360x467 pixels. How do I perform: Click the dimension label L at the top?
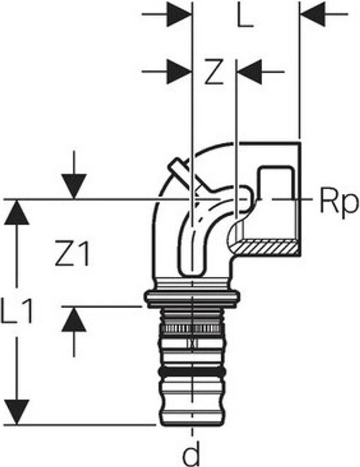245,16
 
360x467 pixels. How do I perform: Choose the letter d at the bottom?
192,454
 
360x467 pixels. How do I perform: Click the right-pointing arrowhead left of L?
178,15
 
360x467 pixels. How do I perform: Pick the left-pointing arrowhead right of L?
313,15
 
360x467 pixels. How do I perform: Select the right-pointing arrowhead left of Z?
178,72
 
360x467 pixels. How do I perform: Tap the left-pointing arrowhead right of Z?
250,72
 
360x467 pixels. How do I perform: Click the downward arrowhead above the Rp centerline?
74,186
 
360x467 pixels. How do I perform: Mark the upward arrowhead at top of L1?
18,213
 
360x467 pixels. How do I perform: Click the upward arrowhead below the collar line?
74,319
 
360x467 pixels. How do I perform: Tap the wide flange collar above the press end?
192,297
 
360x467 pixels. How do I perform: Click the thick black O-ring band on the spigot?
192,371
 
